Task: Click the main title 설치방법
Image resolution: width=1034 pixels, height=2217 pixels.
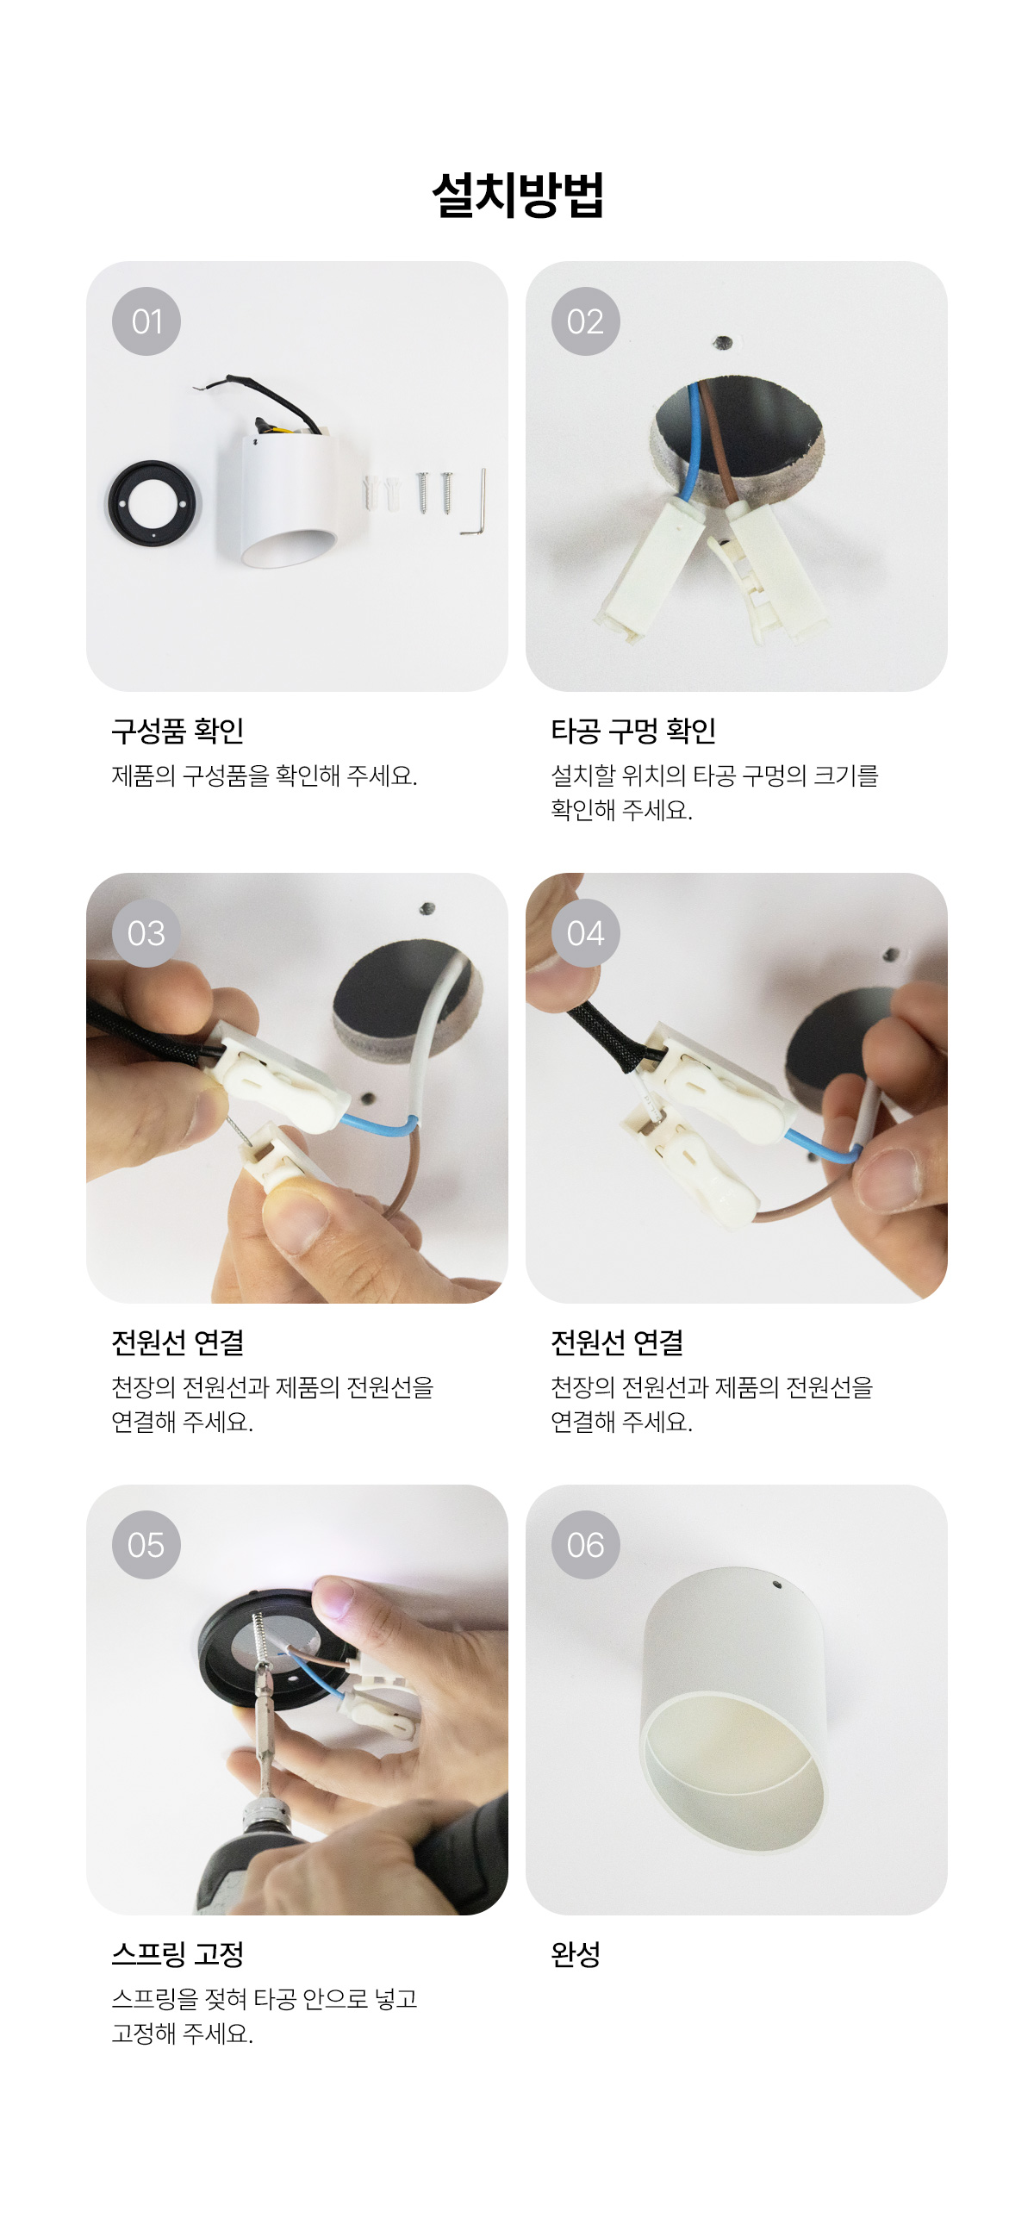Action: (517, 196)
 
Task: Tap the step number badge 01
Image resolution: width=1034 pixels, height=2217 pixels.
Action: (146, 321)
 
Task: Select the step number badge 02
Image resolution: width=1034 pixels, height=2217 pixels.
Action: (586, 321)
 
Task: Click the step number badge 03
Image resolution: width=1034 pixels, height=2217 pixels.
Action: (146, 933)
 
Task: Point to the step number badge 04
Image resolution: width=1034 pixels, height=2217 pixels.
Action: (586, 933)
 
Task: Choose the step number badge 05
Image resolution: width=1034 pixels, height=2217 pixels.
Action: (146, 1545)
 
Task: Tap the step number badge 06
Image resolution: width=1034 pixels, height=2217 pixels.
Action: (586, 1545)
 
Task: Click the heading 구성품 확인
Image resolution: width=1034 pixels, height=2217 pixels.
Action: (178, 731)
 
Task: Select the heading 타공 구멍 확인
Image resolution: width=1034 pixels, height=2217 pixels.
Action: (633, 731)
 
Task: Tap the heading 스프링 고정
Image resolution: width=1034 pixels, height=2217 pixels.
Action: (178, 1954)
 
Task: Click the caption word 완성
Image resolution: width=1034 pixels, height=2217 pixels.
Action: (576, 1954)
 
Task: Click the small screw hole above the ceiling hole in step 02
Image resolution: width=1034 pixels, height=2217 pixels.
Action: (723, 343)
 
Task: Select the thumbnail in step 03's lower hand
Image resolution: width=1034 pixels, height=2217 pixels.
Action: (297, 1224)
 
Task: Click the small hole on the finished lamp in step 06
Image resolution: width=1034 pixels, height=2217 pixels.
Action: (776, 1584)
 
